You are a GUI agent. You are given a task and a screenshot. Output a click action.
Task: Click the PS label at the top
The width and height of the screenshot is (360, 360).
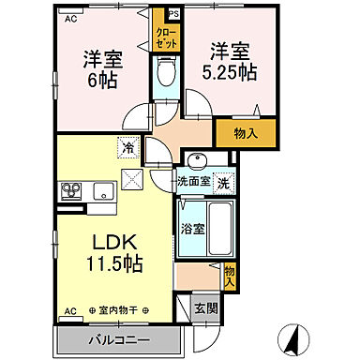[172, 14]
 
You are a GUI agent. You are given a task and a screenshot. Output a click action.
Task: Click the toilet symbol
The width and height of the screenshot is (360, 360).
[166, 72]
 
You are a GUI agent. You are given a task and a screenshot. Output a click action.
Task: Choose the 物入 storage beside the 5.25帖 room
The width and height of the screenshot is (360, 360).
[247, 133]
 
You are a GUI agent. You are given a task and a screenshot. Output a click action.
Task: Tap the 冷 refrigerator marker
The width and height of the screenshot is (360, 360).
[127, 147]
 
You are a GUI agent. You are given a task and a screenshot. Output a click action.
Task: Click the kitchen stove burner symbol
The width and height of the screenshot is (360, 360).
[72, 193]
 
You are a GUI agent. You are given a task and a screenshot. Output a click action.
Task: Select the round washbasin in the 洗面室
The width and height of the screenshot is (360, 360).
[196, 159]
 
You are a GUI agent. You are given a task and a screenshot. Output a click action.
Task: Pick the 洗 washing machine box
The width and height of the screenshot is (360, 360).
[224, 182]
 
